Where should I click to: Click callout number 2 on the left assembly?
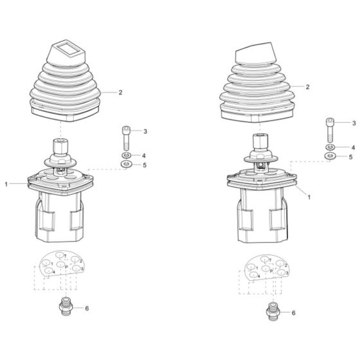[x=120, y=93]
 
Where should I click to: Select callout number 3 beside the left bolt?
[x=145, y=131]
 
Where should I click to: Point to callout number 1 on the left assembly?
[x=7, y=184]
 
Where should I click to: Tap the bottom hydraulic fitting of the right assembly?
[x=273, y=311]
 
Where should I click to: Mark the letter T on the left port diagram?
[x=66, y=256]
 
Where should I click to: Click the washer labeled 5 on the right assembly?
[x=330, y=156]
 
